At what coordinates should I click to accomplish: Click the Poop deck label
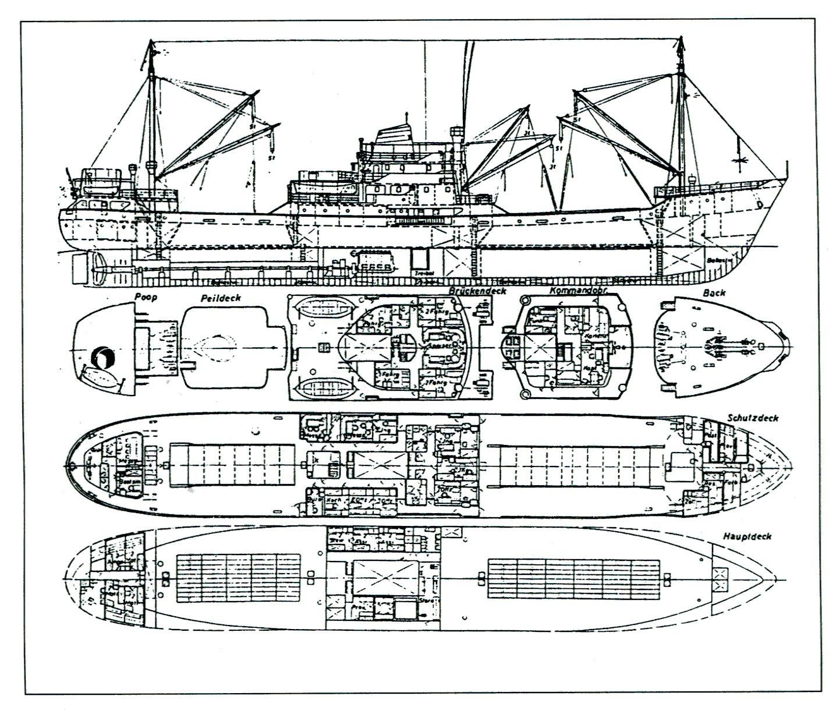(146, 297)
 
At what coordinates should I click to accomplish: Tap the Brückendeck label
(477, 290)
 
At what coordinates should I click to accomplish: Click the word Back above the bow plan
(714, 292)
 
